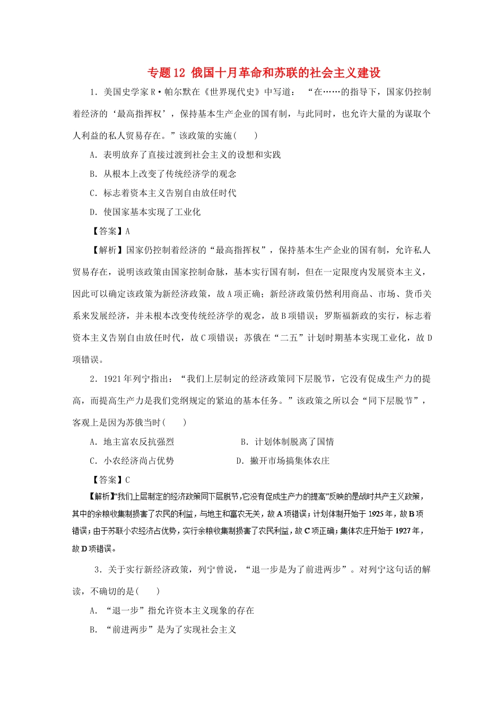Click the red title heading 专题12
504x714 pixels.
tap(264, 73)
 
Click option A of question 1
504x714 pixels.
tap(185, 155)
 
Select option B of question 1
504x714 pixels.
tap(163, 174)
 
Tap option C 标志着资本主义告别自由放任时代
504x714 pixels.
tap(163, 193)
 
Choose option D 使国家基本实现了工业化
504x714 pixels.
tap(145, 212)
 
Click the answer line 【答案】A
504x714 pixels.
tap(110, 231)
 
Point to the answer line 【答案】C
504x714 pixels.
tap(110, 480)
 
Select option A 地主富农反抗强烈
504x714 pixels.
tap(132, 441)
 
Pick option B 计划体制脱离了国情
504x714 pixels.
tap(287, 441)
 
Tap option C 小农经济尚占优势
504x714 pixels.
tap(132, 461)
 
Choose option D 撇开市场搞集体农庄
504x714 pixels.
tap(283, 461)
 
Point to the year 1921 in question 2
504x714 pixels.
tap(112, 379)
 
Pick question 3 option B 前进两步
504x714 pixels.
tap(163, 630)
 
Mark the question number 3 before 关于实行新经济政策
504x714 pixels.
tap(97, 569)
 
